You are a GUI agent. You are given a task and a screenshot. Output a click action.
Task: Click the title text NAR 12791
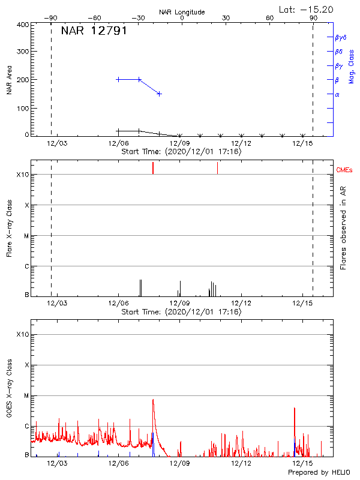pyautogui.click(x=94, y=31)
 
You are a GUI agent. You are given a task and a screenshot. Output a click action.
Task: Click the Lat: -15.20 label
pyautogui.click(x=307, y=9)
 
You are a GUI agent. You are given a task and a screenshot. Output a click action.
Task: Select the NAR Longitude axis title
pyautogui.click(x=182, y=12)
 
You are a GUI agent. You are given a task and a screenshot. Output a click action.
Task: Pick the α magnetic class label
pyautogui.click(x=337, y=94)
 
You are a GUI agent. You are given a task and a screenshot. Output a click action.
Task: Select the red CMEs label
pyautogui.click(x=345, y=170)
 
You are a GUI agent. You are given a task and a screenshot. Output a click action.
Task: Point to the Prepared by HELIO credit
pyautogui.click(x=319, y=473)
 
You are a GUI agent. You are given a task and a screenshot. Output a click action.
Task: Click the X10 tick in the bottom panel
pyautogui.click(x=23, y=334)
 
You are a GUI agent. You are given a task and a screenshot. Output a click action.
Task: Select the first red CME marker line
pyautogui.click(x=153, y=168)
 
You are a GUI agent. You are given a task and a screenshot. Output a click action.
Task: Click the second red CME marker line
pyautogui.click(x=217, y=168)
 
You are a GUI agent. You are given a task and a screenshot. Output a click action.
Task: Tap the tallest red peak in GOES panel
pyautogui.click(x=153, y=400)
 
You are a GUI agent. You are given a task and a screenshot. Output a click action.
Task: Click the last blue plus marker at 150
pyautogui.click(x=159, y=94)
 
